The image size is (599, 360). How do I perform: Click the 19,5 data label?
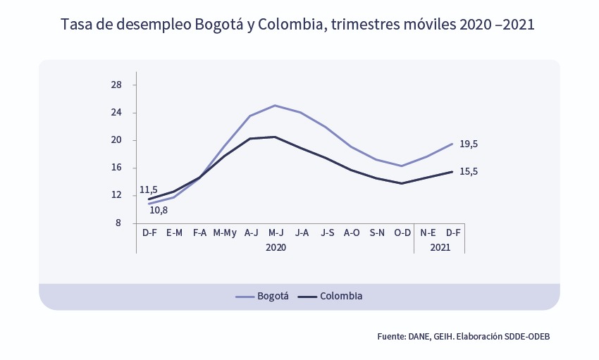(x=469, y=144)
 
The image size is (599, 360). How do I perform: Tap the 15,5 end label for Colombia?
(x=469, y=171)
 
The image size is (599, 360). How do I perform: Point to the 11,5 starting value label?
(x=149, y=190)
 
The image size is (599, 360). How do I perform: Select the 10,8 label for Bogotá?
(x=159, y=210)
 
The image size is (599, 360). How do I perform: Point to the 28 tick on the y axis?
(x=116, y=85)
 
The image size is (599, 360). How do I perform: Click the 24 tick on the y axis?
(x=116, y=113)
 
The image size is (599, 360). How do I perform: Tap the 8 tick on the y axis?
(x=118, y=223)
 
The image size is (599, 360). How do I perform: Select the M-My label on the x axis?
(x=225, y=232)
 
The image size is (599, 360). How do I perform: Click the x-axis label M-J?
(x=276, y=232)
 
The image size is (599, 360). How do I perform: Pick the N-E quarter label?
(x=428, y=232)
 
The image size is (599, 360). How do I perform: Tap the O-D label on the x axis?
(x=402, y=232)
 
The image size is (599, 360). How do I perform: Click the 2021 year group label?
(x=440, y=248)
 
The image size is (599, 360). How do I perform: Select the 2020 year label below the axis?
(x=276, y=248)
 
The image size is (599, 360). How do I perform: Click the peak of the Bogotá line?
(x=276, y=106)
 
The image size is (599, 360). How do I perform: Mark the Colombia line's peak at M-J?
(x=276, y=137)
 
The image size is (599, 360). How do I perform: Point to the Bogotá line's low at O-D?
(x=402, y=166)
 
